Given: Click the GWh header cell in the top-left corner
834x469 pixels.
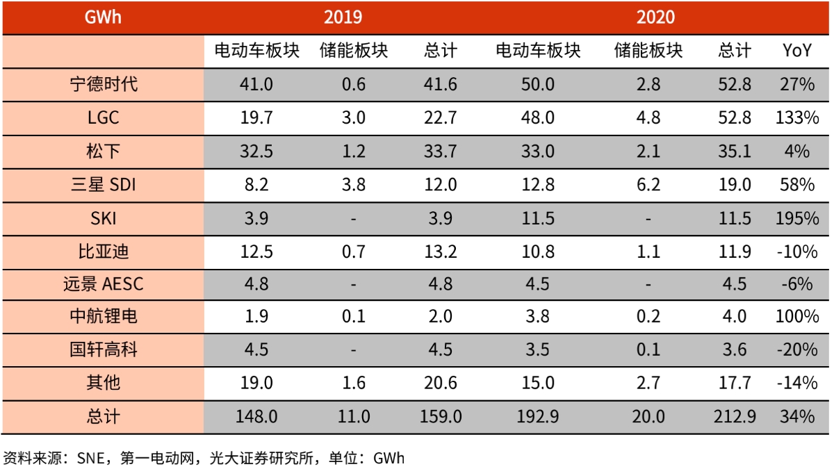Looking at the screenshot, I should pyautogui.click(x=102, y=17).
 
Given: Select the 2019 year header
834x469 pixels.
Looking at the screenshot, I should pyautogui.click(x=343, y=17).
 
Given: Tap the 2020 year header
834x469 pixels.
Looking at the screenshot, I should pyautogui.click(x=655, y=17).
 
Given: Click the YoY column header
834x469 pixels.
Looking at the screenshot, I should pyautogui.click(x=796, y=51).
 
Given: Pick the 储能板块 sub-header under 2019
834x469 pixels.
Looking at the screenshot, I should pyautogui.click(x=354, y=51).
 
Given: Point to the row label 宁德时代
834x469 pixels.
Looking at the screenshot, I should pyautogui.click(x=103, y=84).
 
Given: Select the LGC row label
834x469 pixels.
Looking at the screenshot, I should pyautogui.click(x=103, y=117).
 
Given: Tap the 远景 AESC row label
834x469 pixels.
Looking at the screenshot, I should pyautogui.click(x=103, y=283).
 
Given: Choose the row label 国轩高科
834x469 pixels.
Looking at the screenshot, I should pyautogui.click(x=103, y=349).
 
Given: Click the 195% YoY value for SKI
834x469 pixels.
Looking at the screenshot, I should pyautogui.click(x=796, y=217).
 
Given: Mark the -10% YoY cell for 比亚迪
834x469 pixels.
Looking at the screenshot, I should pyautogui.click(x=796, y=251).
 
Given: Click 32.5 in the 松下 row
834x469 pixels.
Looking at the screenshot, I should pyautogui.click(x=256, y=151).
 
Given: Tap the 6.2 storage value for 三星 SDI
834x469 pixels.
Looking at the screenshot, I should pyautogui.click(x=648, y=184).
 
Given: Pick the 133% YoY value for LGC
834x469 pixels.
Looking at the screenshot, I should pyautogui.click(x=796, y=117).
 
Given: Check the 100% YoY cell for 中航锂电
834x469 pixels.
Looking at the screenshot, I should pyautogui.click(x=796, y=317).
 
